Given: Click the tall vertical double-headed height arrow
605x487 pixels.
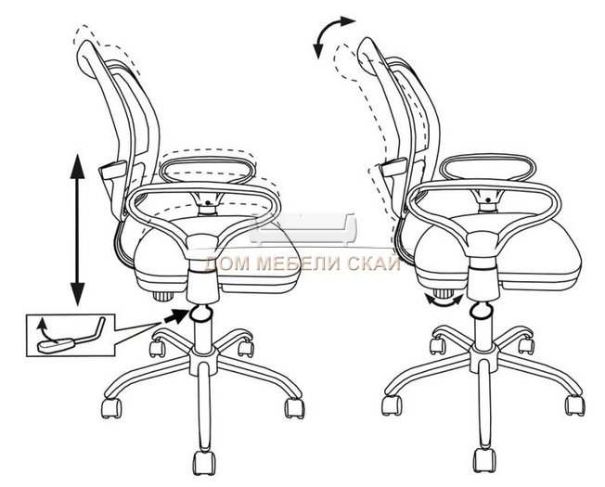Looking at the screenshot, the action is click(x=78, y=230).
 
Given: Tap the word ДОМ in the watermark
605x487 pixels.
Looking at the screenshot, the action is click(x=228, y=264).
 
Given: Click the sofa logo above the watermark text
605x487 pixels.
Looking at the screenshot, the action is click(x=302, y=229).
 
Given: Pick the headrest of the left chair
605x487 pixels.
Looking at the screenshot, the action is click(x=90, y=58).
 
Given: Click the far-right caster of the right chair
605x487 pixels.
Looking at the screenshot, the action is click(x=575, y=405).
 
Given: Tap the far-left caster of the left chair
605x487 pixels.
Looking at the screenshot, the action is click(x=111, y=408).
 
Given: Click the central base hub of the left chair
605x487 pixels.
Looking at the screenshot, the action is click(x=203, y=360).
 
